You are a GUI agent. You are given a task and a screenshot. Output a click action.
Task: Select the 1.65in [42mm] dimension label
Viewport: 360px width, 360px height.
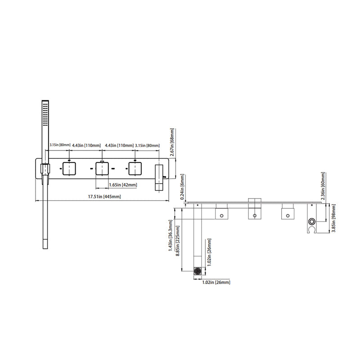coord(123,184)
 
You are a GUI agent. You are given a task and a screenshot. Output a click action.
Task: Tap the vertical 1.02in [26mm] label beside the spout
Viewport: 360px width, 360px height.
coord(209,252)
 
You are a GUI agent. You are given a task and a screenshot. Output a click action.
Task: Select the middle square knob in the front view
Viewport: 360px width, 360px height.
coord(103,169)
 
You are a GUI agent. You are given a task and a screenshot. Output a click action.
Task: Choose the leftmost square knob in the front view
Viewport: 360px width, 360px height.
coord(69,169)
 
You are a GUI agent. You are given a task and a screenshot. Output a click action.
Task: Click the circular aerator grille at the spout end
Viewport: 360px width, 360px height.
coord(197,271)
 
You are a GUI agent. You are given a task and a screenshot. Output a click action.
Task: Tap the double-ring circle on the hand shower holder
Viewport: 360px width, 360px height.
coord(311,222)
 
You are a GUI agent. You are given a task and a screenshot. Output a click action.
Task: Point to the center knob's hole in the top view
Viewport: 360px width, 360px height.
coord(255,216)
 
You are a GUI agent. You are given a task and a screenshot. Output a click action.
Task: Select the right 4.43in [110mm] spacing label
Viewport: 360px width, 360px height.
coord(119,145)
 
